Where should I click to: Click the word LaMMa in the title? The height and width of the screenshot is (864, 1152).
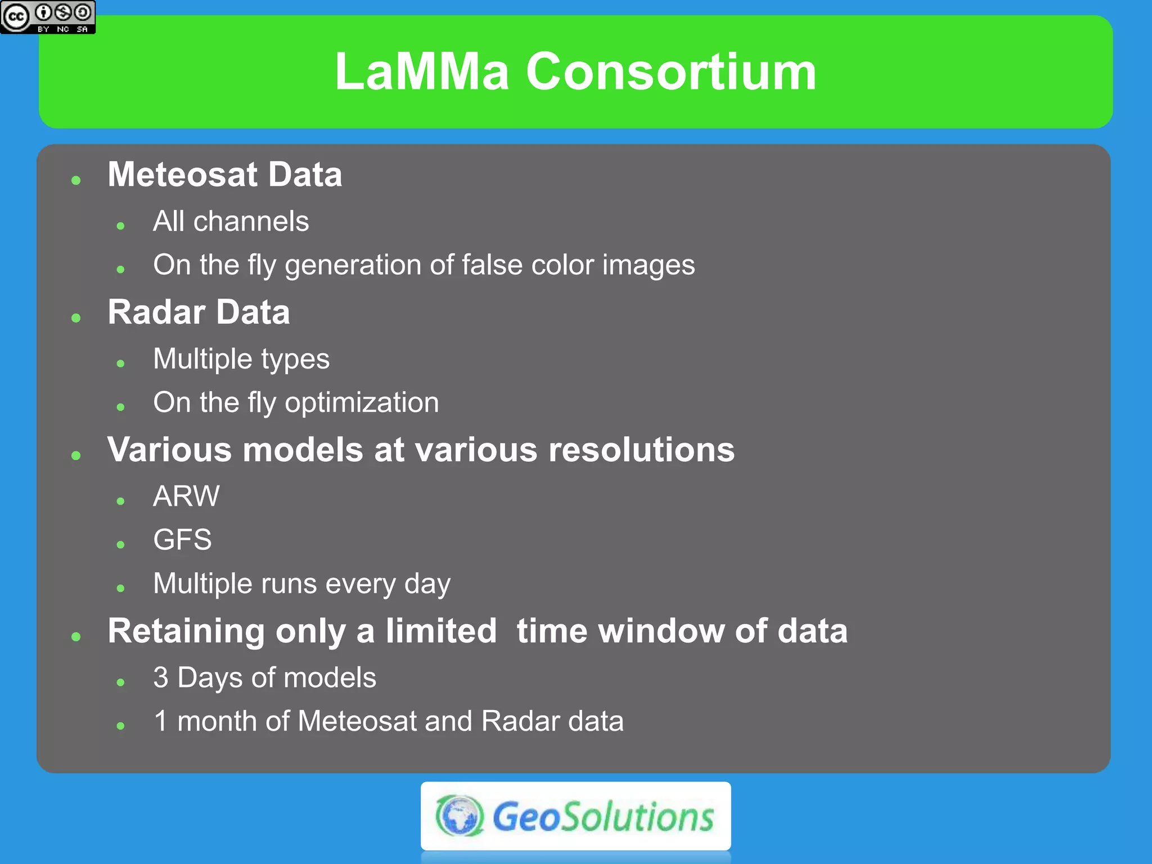[422, 71]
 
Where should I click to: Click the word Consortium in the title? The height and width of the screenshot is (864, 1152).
[670, 71]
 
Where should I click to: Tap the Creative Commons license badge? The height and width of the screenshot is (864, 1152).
[48, 17]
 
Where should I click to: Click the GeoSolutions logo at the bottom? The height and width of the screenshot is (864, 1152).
[575, 816]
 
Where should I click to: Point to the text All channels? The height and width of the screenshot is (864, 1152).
[231, 221]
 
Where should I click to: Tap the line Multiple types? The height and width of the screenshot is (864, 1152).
[241, 359]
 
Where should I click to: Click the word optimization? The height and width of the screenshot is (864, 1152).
[362, 403]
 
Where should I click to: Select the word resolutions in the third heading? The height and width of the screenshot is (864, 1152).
[641, 450]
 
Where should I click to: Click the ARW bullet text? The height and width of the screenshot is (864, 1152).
[186, 496]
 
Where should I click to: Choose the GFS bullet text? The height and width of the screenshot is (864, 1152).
[182, 539]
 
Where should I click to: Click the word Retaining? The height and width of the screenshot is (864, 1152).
[186, 631]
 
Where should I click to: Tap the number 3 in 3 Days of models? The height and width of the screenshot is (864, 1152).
[161, 677]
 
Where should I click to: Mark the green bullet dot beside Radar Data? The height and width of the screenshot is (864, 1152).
[76, 318]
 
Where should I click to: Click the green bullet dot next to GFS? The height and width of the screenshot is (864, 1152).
[120, 544]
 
